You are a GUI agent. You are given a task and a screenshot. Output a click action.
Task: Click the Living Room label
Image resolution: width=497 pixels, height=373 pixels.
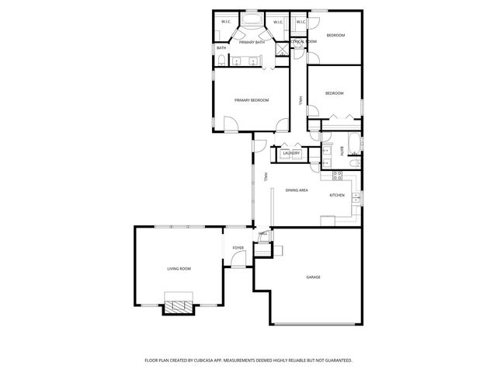click(x=179, y=268)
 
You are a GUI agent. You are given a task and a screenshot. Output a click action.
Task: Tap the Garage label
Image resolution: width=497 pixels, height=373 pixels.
click(x=313, y=277)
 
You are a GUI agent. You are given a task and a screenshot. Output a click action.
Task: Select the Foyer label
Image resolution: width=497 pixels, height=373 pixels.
click(x=238, y=248)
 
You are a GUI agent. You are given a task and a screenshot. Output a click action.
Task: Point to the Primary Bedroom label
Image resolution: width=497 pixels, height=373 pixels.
click(x=252, y=100)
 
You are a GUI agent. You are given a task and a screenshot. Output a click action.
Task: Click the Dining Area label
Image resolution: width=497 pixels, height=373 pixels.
click(x=297, y=190)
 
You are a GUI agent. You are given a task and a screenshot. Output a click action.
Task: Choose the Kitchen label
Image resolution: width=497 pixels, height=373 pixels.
click(x=337, y=195)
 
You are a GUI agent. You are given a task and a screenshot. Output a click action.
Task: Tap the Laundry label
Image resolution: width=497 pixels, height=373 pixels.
click(x=291, y=153)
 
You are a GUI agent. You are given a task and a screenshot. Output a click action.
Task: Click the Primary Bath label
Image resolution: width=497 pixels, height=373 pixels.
click(x=252, y=42)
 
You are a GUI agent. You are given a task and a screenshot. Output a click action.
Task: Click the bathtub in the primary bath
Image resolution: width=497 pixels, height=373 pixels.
click(x=252, y=19)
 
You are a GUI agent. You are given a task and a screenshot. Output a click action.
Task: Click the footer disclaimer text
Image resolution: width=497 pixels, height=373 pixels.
click(x=248, y=361)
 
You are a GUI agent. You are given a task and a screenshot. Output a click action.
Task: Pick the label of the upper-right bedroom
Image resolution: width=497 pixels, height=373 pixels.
click(x=335, y=36)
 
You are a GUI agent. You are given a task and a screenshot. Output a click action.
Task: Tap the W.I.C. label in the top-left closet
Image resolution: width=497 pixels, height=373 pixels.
click(x=225, y=22)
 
